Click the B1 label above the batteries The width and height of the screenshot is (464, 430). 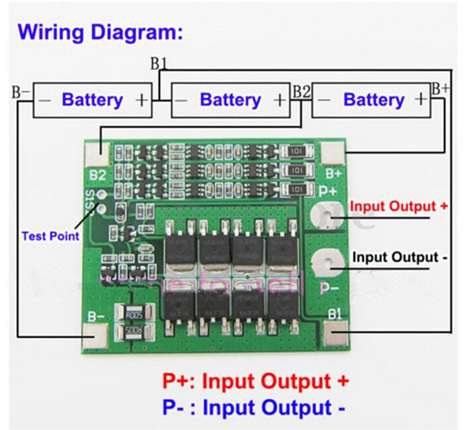[x=159, y=63]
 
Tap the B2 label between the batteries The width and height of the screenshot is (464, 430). [x=302, y=91]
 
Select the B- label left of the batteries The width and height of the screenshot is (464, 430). [x=21, y=92]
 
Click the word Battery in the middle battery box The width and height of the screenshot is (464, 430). [x=230, y=100]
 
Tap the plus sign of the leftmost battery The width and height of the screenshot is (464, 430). [x=142, y=100]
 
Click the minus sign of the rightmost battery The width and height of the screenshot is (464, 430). [x=325, y=100]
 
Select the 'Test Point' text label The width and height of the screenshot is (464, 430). [x=50, y=236]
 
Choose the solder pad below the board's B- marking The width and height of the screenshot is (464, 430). [x=95, y=336]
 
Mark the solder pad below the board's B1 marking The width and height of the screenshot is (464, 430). [x=335, y=335]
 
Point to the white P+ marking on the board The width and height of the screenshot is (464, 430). [x=328, y=190]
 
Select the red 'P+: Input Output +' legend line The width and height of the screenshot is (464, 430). [x=255, y=381]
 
